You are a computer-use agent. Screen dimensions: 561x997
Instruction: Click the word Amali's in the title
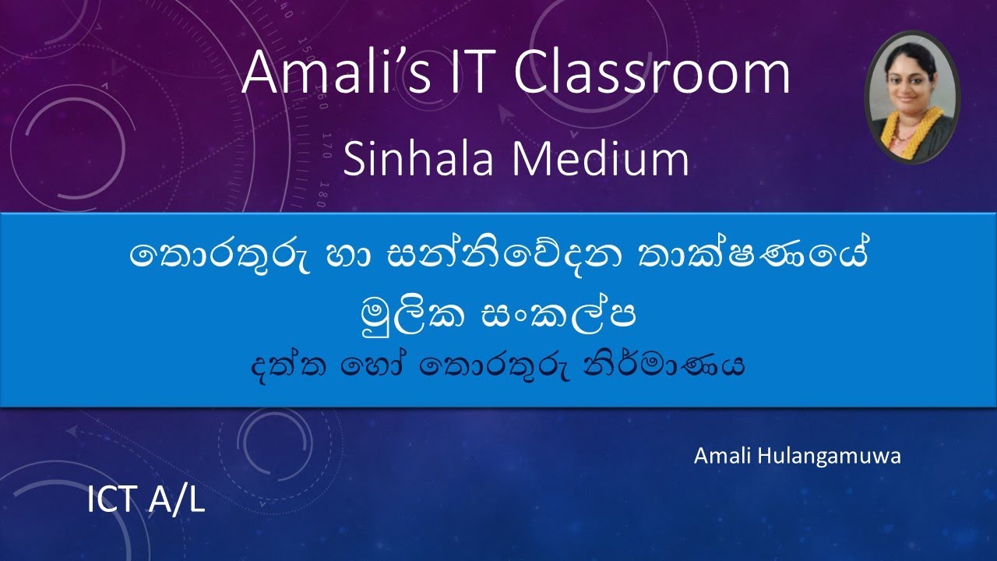(x=335, y=74)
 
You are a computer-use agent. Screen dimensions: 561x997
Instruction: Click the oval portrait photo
(x=912, y=97)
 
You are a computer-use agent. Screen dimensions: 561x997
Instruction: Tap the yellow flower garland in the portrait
(x=911, y=131)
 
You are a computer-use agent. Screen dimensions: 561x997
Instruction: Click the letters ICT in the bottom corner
(x=113, y=502)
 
